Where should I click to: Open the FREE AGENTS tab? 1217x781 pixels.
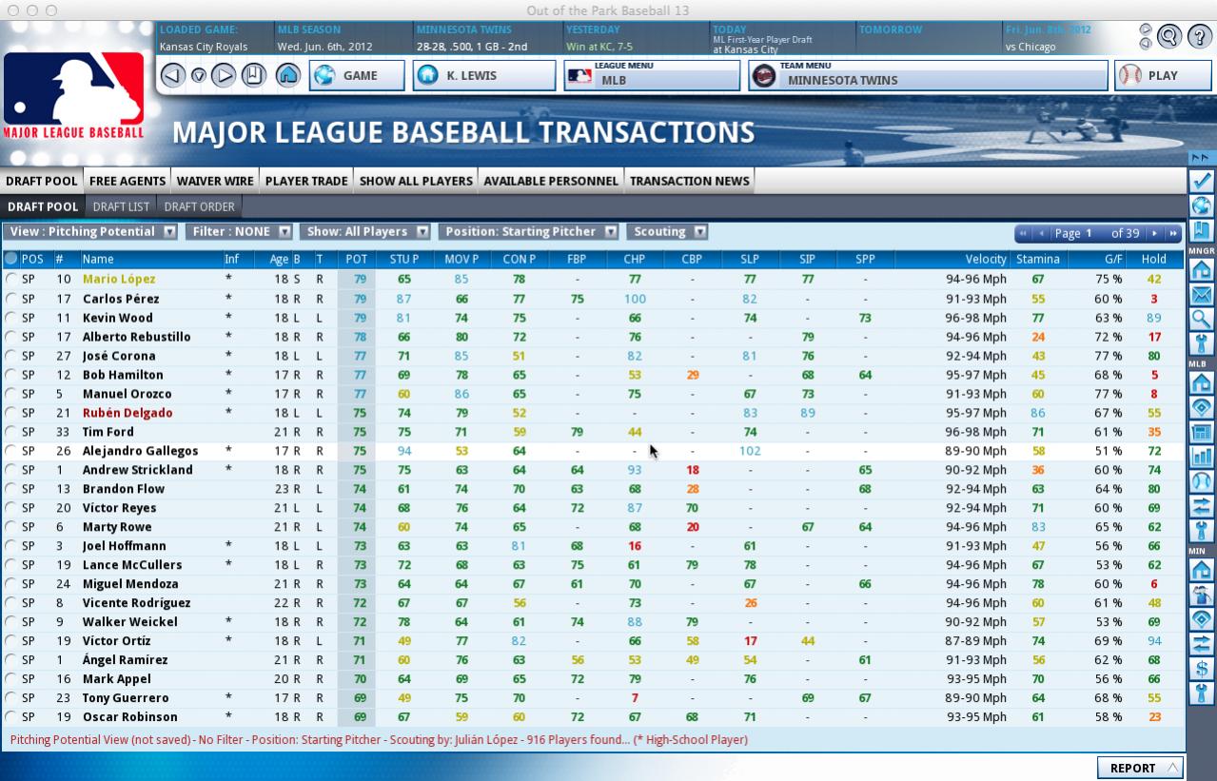point(128,181)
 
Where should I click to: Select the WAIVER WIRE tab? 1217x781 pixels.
point(215,181)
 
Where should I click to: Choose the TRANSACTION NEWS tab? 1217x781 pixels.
point(689,181)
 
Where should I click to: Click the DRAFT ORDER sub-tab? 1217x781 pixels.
point(199,206)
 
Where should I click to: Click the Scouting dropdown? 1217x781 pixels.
point(670,231)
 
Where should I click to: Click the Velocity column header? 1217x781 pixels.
point(985,259)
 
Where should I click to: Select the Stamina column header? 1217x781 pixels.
point(1037,259)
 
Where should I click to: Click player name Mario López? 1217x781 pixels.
point(119,280)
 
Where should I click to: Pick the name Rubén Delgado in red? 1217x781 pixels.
point(128,413)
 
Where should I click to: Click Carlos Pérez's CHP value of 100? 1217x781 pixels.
point(635,299)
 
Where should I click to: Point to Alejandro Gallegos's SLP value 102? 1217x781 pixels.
point(750,451)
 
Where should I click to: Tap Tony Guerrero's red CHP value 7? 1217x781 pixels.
point(635,698)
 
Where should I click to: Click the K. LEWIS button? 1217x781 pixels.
point(483,76)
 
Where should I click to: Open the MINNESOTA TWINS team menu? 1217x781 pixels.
point(928,76)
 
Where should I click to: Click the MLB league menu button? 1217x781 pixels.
point(652,76)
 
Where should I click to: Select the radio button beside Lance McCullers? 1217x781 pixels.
point(11,565)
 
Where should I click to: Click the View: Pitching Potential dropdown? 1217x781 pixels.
point(90,231)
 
